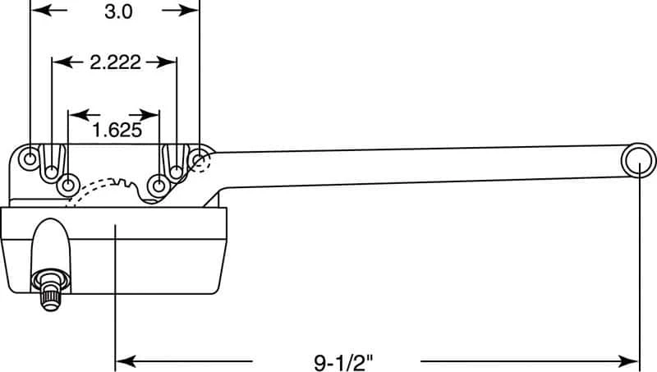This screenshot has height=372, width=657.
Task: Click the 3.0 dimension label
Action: click(x=118, y=11)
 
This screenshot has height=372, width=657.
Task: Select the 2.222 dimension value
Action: click(x=115, y=62)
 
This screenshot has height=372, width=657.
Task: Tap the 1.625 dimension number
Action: click(x=117, y=130)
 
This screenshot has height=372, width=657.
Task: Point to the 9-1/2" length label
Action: click(x=343, y=361)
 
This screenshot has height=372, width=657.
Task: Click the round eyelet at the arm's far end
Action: click(x=638, y=161)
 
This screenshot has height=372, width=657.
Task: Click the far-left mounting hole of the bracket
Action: click(x=30, y=158)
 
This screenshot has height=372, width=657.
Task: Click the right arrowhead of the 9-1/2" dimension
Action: click(x=628, y=361)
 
